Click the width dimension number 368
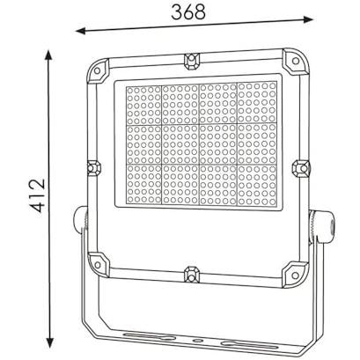pos(188,12)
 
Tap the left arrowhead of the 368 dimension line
pos(80,31)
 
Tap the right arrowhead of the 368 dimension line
pos(308,19)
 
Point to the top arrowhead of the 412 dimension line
pos(48,55)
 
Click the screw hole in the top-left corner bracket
pos(97,70)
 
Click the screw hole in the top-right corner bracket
pos(296,61)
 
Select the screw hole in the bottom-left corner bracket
pos(97,264)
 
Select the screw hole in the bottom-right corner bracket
pos(295,276)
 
